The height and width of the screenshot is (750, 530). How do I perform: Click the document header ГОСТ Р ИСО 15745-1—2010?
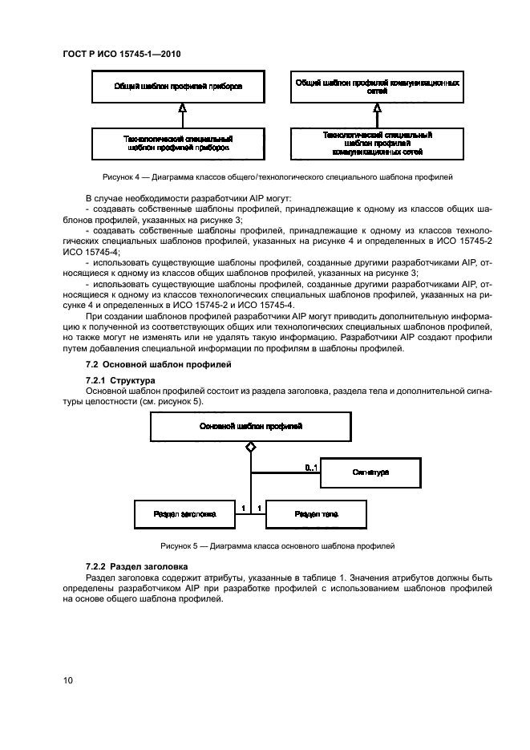pos(121,55)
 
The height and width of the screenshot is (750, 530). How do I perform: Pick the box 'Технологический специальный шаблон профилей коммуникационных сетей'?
pos(377,143)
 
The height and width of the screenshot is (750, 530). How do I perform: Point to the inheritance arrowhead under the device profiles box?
pos(183,108)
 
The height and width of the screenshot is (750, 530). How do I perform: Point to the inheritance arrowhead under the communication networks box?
pos(377,108)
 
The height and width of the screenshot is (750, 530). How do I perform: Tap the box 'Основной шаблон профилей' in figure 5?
pos(250,427)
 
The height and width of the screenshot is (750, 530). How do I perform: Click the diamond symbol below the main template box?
pos(250,447)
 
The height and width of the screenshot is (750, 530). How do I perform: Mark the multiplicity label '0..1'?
pos(311,467)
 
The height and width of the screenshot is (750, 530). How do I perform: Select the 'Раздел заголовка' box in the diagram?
pos(184,513)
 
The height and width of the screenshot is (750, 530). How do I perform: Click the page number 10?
pos(68,680)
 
